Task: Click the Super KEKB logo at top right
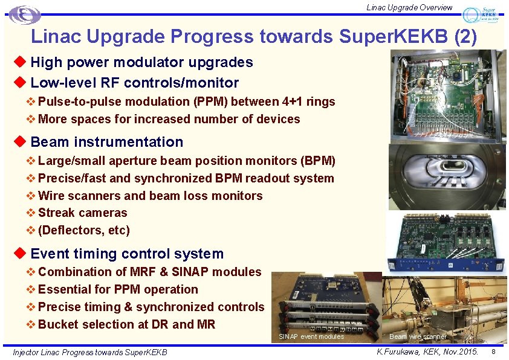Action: pos(481,15)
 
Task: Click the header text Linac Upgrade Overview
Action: pos(409,7)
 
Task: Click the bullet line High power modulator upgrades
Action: pos(141,62)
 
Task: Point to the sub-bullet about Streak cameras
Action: pos(82,213)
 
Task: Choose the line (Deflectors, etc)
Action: pos(83,230)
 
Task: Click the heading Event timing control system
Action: pos(127,254)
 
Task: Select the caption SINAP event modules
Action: pos(311,336)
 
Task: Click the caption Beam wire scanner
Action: pos(418,336)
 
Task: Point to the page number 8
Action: pos(493,352)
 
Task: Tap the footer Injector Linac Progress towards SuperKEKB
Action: pos(90,352)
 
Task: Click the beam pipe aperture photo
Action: pos(446,177)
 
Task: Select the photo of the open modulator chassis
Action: pos(447,96)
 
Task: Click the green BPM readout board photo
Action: pos(447,240)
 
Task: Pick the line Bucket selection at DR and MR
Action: pos(126,324)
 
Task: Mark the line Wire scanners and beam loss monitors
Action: pos(150,196)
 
